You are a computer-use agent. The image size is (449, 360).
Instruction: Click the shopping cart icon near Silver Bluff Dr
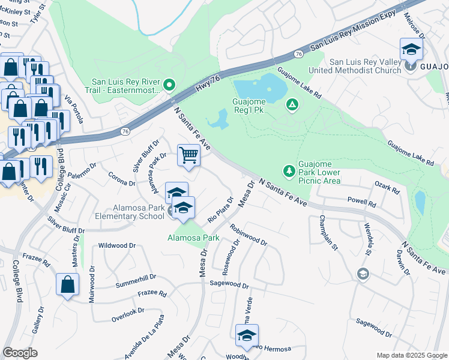(189, 156)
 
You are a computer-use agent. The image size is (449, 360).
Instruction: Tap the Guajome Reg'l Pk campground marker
(292, 106)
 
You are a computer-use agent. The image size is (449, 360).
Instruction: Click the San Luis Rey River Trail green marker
(169, 86)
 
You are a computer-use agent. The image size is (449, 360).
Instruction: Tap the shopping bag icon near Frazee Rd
(68, 284)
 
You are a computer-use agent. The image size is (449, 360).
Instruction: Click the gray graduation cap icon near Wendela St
(363, 274)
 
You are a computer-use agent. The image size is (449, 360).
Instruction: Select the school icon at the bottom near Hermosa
(247, 336)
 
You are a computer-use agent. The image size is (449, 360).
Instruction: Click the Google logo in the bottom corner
(20, 352)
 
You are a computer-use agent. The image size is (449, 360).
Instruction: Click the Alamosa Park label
(193, 238)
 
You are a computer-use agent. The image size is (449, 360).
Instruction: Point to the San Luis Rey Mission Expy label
(354, 29)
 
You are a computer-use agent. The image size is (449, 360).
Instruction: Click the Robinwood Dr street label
(248, 235)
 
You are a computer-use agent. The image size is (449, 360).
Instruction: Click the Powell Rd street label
(361, 202)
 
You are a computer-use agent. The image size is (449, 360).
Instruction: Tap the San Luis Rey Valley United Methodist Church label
(365, 67)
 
